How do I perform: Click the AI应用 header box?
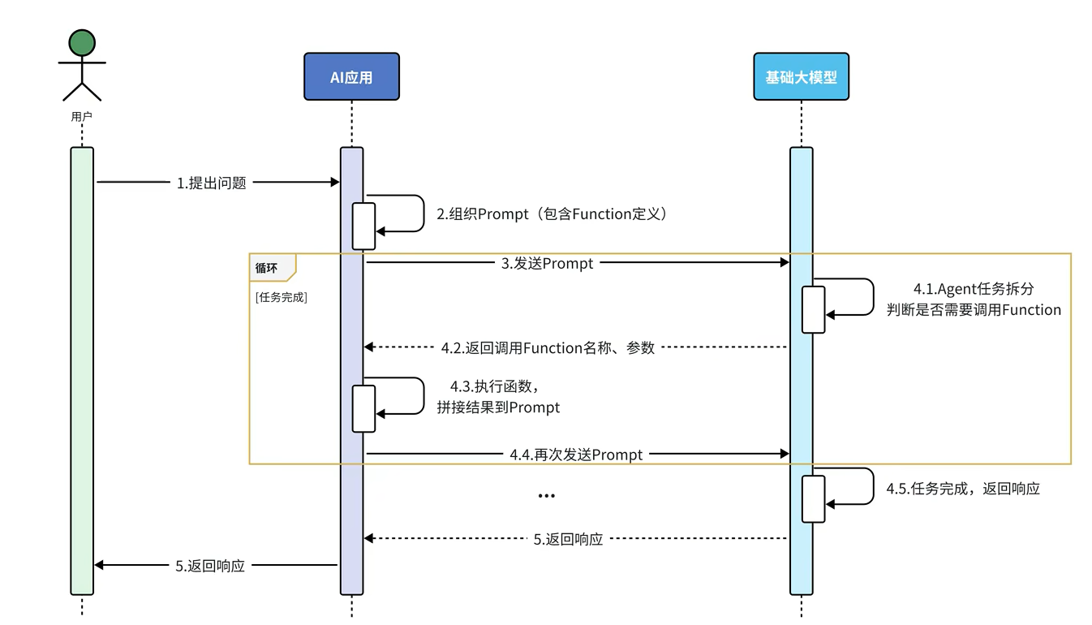(x=351, y=77)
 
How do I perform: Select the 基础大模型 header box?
(x=801, y=77)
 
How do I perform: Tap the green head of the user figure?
(x=82, y=42)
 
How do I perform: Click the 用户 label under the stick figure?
(x=82, y=117)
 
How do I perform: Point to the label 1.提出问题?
(x=211, y=183)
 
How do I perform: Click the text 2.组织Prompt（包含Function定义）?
(x=552, y=214)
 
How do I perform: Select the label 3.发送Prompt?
(x=547, y=263)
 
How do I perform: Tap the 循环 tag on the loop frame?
(x=267, y=266)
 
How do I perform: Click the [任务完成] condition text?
(x=281, y=297)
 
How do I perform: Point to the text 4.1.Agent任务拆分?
(x=974, y=289)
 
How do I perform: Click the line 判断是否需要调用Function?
(x=974, y=309)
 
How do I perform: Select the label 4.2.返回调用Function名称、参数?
(x=548, y=347)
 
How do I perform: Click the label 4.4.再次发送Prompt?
(x=576, y=455)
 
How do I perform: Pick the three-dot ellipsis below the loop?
(x=546, y=495)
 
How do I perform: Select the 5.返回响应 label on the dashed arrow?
(x=568, y=539)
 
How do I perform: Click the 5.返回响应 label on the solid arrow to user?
(x=210, y=566)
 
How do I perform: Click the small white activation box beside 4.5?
(x=814, y=498)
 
